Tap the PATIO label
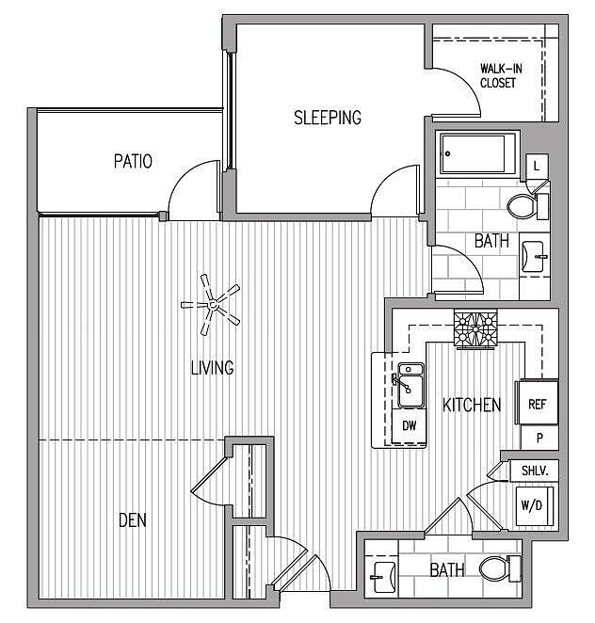pyautogui.click(x=133, y=161)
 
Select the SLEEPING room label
pyautogui.click(x=328, y=118)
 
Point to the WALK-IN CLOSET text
pyautogui.click(x=501, y=75)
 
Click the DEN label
pyautogui.click(x=133, y=520)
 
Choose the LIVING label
pyautogui.click(x=212, y=368)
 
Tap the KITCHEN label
pyautogui.click(x=472, y=405)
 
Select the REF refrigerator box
pyautogui.click(x=537, y=403)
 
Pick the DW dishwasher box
pyautogui.click(x=409, y=426)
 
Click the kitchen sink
pyautogui.click(x=410, y=385)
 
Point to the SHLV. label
pyautogui.click(x=535, y=471)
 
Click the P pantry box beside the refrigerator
pyautogui.click(x=539, y=438)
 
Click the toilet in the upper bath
pyautogui.click(x=528, y=206)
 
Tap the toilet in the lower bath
pyautogui.click(x=500, y=568)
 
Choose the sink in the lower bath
pyautogui.click(x=383, y=577)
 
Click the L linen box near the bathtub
pyautogui.click(x=537, y=166)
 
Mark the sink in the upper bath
pyautogui.click(x=534, y=257)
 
